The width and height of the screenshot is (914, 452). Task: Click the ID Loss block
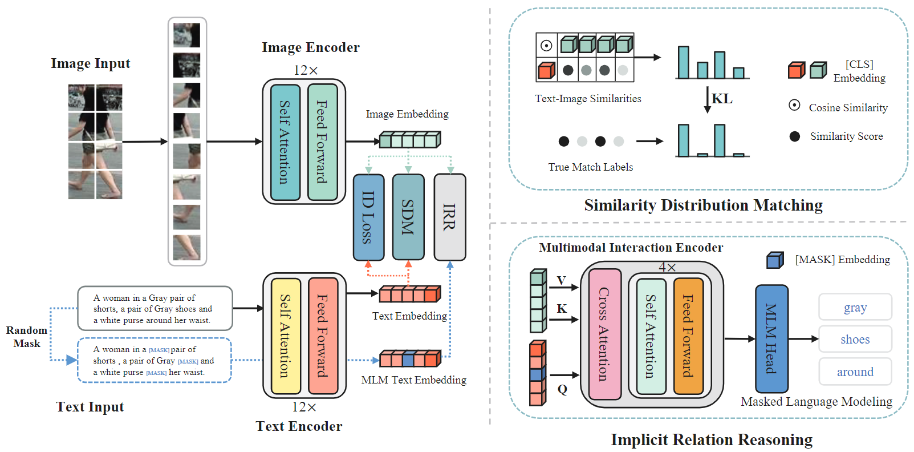point(368,217)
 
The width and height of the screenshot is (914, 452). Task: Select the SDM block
point(408,217)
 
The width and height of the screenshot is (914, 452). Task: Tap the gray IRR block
point(450,217)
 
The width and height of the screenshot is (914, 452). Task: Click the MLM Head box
point(771,338)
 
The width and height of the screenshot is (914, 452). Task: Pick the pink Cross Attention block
point(605,334)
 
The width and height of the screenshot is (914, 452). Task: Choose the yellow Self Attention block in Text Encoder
point(286,336)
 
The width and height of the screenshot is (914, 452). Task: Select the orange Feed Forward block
point(688,336)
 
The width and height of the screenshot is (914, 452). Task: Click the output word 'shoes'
point(855,340)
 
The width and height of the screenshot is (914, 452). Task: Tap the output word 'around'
point(855,372)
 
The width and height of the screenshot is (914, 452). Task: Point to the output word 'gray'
point(855,308)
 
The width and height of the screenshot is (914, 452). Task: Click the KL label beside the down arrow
point(722,98)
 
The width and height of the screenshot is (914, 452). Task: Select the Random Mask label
point(27,337)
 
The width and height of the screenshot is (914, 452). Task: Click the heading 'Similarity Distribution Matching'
point(703,205)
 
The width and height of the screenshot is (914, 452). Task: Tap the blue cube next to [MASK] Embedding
point(775,260)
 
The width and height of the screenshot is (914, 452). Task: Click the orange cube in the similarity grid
point(546,70)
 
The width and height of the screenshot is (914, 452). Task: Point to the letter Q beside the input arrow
point(562,389)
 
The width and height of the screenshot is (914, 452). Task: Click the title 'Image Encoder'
point(311,47)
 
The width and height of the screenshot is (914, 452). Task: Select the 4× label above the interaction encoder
point(667,267)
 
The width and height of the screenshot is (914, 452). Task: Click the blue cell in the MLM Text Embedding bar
point(408,360)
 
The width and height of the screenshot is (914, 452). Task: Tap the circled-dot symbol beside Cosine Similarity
point(794,106)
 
